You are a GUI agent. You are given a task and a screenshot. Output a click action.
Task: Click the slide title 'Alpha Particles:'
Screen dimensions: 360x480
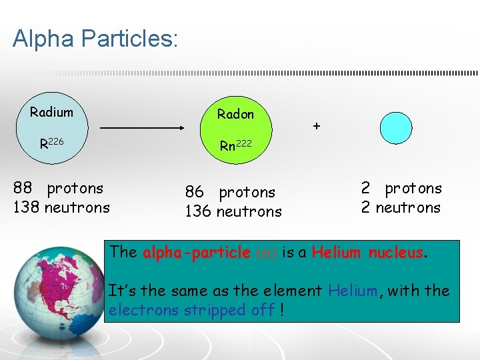(x=95, y=39)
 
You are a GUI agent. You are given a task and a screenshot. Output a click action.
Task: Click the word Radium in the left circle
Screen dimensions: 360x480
(x=51, y=111)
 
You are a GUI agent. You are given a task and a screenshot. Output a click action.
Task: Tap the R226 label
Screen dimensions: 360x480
(x=51, y=143)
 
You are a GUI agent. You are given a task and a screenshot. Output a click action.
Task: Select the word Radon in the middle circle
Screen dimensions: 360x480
(x=235, y=114)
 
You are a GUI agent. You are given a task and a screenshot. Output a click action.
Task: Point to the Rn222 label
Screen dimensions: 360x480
(x=235, y=145)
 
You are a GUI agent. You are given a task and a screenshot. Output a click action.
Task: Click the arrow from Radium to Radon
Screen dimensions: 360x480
(x=142, y=127)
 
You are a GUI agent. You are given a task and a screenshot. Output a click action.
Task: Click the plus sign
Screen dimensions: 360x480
(x=317, y=125)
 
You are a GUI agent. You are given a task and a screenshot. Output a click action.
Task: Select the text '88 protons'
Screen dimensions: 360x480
(x=59, y=188)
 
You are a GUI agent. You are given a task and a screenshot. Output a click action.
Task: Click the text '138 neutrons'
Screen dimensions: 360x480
(x=61, y=207)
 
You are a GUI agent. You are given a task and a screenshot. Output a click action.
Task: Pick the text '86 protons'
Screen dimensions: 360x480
(x=230, y=192)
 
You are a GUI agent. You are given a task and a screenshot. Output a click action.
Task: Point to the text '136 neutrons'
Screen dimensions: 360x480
(x=233, y=211)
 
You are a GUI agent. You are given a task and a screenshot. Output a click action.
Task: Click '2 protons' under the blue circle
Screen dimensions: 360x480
(x=401, y=188)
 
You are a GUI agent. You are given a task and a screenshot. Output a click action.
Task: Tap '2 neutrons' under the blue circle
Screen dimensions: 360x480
(x=401, y=207)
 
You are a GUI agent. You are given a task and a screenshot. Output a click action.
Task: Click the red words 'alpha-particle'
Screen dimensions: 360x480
(x=197, y=252)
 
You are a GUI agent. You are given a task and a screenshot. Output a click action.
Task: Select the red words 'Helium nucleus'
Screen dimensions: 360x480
(x=367, y=252)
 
